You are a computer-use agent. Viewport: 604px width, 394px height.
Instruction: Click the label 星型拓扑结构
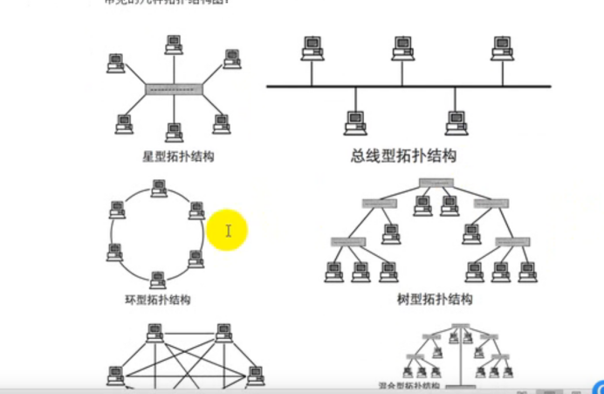tap(178, 157)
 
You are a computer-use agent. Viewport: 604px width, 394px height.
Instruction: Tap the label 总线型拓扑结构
tap(403, 156)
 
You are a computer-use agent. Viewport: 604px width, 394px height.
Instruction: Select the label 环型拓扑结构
tap(157, 300)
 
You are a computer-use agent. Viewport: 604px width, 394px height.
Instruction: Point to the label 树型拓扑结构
tap(434, 300)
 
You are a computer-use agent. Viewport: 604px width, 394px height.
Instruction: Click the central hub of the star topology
tap(174, 89)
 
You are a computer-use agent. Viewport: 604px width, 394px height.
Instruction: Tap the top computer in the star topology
tap(173, 43)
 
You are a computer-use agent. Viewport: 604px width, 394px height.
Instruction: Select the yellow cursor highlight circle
tap(228, 231)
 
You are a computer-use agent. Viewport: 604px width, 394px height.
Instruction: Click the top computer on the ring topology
tap(158, 188)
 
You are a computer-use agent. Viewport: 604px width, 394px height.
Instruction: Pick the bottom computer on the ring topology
tap(157, 280)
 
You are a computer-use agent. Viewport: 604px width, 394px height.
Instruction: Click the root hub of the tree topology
tap(436, 183)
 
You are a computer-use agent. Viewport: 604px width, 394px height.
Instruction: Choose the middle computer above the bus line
tap(402, 47)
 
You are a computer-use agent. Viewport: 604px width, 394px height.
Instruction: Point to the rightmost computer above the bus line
tap(501, 47)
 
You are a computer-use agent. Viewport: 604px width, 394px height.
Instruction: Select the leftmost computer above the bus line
tap(309, 47)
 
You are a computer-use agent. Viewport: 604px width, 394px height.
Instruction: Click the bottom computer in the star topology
tap(174, 132)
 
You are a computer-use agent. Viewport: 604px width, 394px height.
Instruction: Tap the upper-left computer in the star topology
tap(115, 63)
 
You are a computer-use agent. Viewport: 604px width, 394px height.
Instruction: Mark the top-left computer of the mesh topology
tap(154, 333)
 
